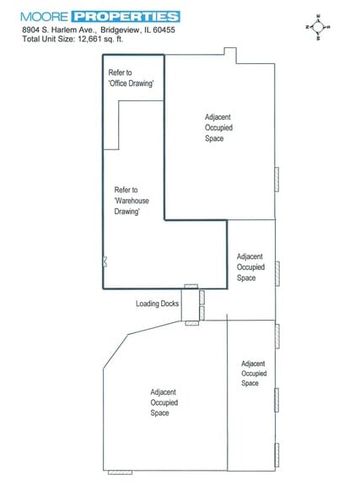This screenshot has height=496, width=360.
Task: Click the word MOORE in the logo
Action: point(44,17)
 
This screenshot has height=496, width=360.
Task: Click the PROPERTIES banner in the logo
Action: point(126,17)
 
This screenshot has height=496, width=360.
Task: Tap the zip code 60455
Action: point(164,30)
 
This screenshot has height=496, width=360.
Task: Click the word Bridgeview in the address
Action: point(121,30)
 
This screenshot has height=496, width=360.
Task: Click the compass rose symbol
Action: point(318,27)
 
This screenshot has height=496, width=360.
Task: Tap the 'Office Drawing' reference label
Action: point(131,78)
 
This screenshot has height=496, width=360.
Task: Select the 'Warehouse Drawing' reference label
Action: point(132,201)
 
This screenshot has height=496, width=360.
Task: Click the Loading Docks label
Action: point(158,304)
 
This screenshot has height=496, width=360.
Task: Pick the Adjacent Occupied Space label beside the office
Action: point(218,128)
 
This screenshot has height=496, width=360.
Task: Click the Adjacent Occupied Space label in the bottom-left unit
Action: point(164,402)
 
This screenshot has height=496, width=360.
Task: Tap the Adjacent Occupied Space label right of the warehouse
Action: point(250,267)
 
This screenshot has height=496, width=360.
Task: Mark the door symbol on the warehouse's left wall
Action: point(105,261)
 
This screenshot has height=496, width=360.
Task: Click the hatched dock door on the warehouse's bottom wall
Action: point(191,287)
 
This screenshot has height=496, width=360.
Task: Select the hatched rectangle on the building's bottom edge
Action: point(120,472)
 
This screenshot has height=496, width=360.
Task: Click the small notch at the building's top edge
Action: point(230,56)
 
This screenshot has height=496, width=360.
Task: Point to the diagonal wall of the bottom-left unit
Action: point(116,351)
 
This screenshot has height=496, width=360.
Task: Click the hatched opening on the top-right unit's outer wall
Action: point(277,180)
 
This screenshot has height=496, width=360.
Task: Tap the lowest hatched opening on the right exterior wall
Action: point(277,456)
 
